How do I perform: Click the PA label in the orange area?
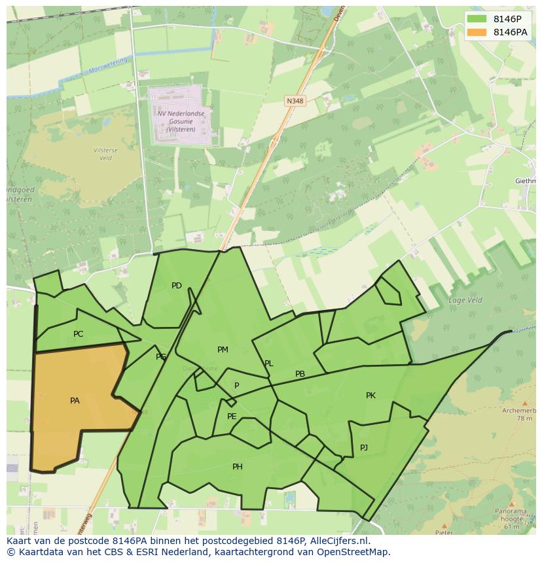[75, 400]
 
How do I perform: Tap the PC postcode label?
[79, 334]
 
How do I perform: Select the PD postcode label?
[177, 286]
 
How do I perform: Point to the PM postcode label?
[223, 350]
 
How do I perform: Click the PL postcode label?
[269, 364]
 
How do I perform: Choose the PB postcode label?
[300, 375]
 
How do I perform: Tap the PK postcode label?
[370, 396]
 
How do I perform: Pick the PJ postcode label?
[364, 448]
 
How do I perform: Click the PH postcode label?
[238, 467]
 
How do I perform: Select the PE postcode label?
[232, 417]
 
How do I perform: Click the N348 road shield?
[295, 101]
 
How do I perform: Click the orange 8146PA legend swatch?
[477, 33]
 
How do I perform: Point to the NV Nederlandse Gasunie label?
[180, 121]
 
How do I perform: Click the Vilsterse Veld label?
[105, 154]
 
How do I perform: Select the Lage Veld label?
[465, 300]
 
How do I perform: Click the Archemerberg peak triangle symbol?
[525, 404]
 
